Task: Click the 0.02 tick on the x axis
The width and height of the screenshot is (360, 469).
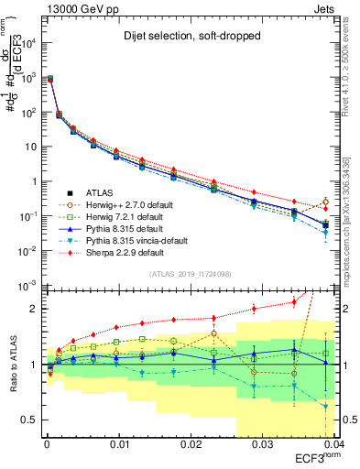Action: pos(190,444)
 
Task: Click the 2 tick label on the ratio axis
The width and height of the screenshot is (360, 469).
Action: pos(35,309)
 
